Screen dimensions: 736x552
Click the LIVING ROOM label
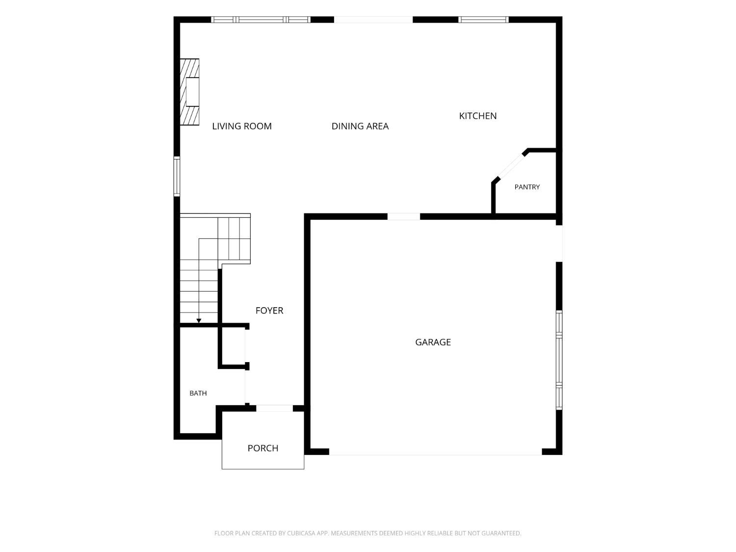point(242,127)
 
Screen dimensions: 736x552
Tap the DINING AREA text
point(360,127)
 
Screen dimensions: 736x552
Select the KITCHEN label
point(478,116)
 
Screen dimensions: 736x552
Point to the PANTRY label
point(527,187)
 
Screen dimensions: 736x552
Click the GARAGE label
point(433,342)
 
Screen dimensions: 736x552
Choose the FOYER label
point(269,311)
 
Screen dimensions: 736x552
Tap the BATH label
point(198,393)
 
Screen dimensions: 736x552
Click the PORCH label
point(263,448)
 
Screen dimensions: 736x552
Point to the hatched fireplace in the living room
point(189,92)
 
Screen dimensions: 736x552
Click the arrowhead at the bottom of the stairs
point(199,321)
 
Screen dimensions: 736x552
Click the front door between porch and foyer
point(275,408)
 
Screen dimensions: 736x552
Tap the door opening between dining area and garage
point(404,216)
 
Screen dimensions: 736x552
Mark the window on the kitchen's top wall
point(483,20)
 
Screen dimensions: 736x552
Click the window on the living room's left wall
point(177,176)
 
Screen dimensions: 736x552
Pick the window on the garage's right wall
point(559,360)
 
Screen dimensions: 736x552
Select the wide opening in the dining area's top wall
point(373,20)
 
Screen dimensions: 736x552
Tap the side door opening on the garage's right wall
point(559,244)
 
